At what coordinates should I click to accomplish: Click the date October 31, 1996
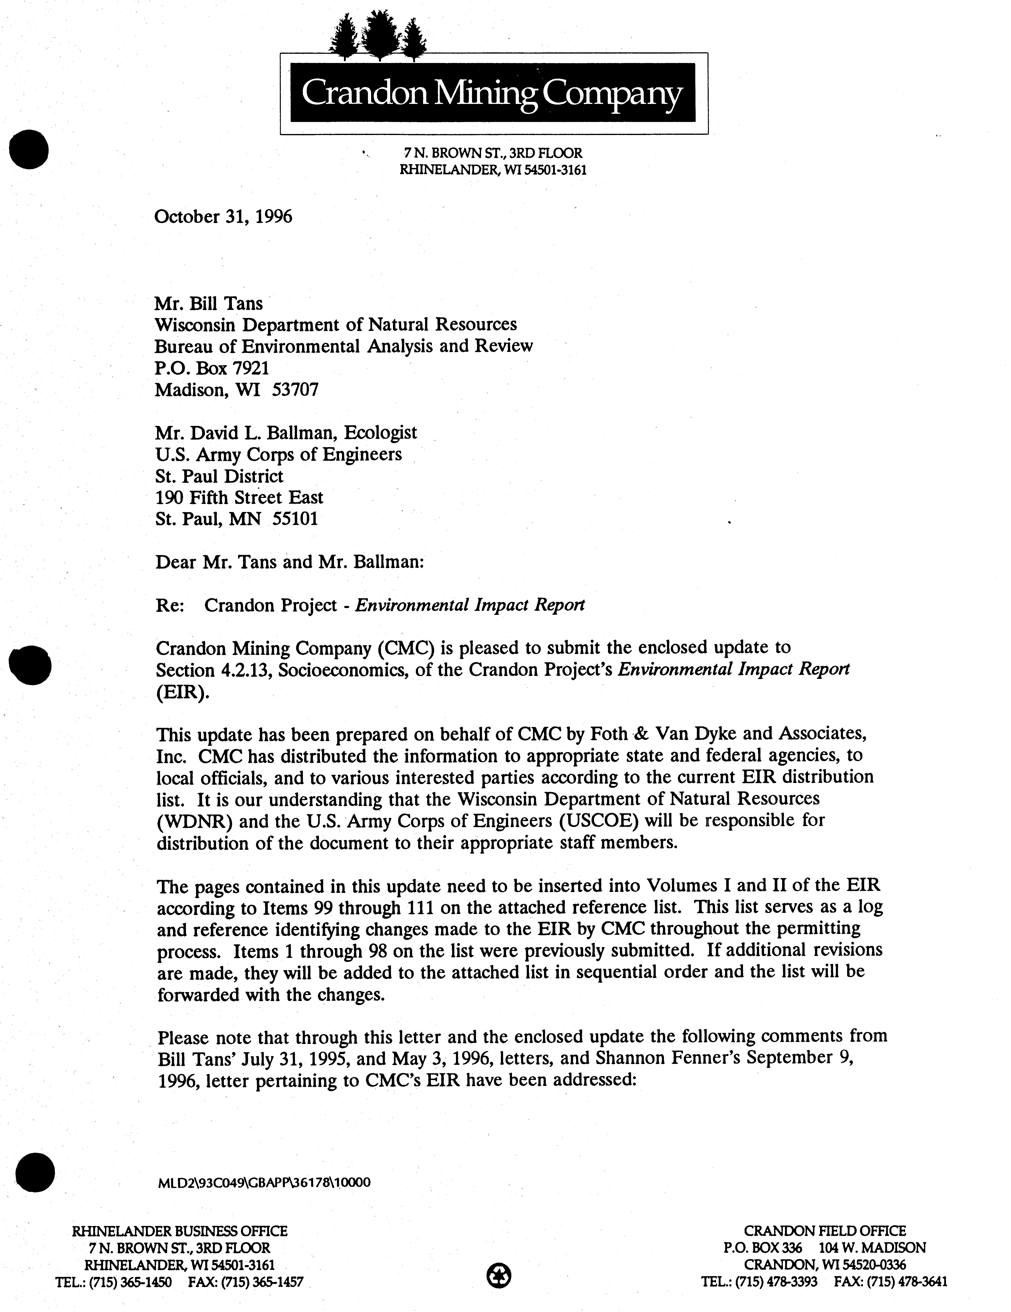[x=223, y=216]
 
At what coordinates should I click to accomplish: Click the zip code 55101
[x=295, y=518]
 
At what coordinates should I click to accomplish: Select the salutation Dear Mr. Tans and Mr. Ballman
[x=289, y=562]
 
